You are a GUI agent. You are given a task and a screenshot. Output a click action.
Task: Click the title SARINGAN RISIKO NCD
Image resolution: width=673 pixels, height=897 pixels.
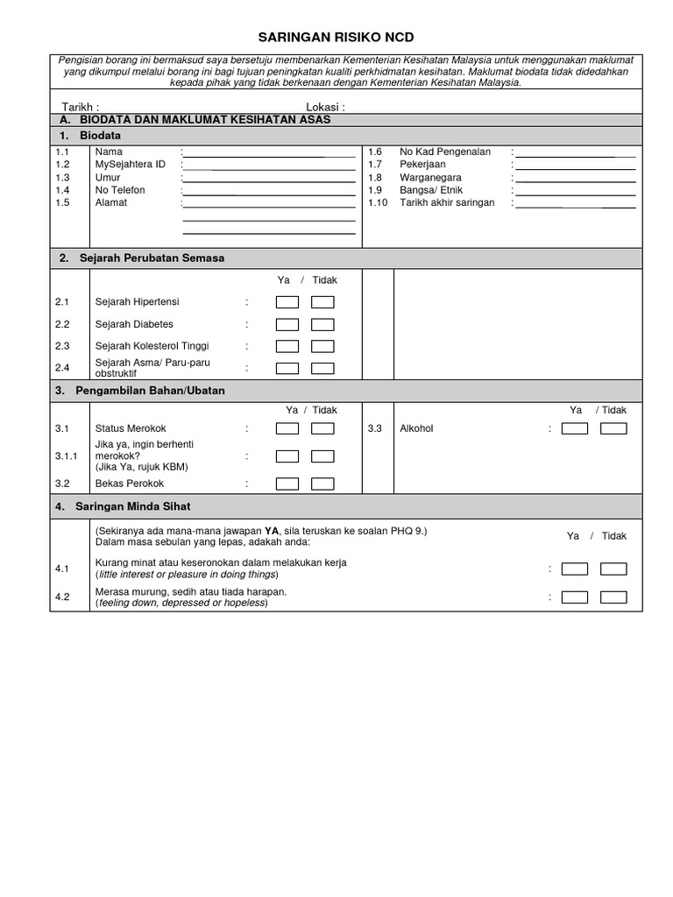tap(335, 38)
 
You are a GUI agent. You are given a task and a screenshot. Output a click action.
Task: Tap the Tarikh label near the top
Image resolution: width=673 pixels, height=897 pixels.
tap(80, 107)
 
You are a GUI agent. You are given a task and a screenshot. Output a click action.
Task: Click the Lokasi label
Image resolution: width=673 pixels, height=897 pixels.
tap(325, 107)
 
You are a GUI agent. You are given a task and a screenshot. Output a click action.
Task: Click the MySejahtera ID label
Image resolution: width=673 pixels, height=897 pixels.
tap(130, 165)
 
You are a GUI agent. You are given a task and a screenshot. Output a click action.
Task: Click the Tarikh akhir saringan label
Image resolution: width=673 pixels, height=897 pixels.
tap(447, 202)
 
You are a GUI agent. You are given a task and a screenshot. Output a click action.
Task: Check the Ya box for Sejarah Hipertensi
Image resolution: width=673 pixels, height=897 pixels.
tap(287, 303)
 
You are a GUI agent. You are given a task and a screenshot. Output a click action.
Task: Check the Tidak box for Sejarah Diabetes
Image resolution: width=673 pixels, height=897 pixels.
tap(322, 325)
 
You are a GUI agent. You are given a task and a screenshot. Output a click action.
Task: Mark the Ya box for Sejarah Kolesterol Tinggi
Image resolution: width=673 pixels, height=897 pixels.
tap(287, 347)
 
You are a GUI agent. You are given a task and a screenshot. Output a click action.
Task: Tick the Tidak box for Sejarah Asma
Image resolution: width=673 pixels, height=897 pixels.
tap(322, 369)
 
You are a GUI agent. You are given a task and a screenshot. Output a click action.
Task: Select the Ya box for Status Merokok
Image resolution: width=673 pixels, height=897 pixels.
tap(287, 429)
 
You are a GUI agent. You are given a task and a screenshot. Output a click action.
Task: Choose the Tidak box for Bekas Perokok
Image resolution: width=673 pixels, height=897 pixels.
tap(322, 484)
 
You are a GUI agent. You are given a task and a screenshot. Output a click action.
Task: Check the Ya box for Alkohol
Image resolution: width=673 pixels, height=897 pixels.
tap(575, 429)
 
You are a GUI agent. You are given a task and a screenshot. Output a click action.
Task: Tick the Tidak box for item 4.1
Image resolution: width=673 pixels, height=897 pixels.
tap(613, 569)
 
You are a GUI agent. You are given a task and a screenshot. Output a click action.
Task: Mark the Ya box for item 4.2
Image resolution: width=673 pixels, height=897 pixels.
tap(575, 597)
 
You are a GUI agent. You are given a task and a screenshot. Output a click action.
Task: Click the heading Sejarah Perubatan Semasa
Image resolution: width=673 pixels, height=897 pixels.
tap(152, 258)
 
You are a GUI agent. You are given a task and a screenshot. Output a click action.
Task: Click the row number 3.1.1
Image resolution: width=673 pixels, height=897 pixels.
tap(67, 456)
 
